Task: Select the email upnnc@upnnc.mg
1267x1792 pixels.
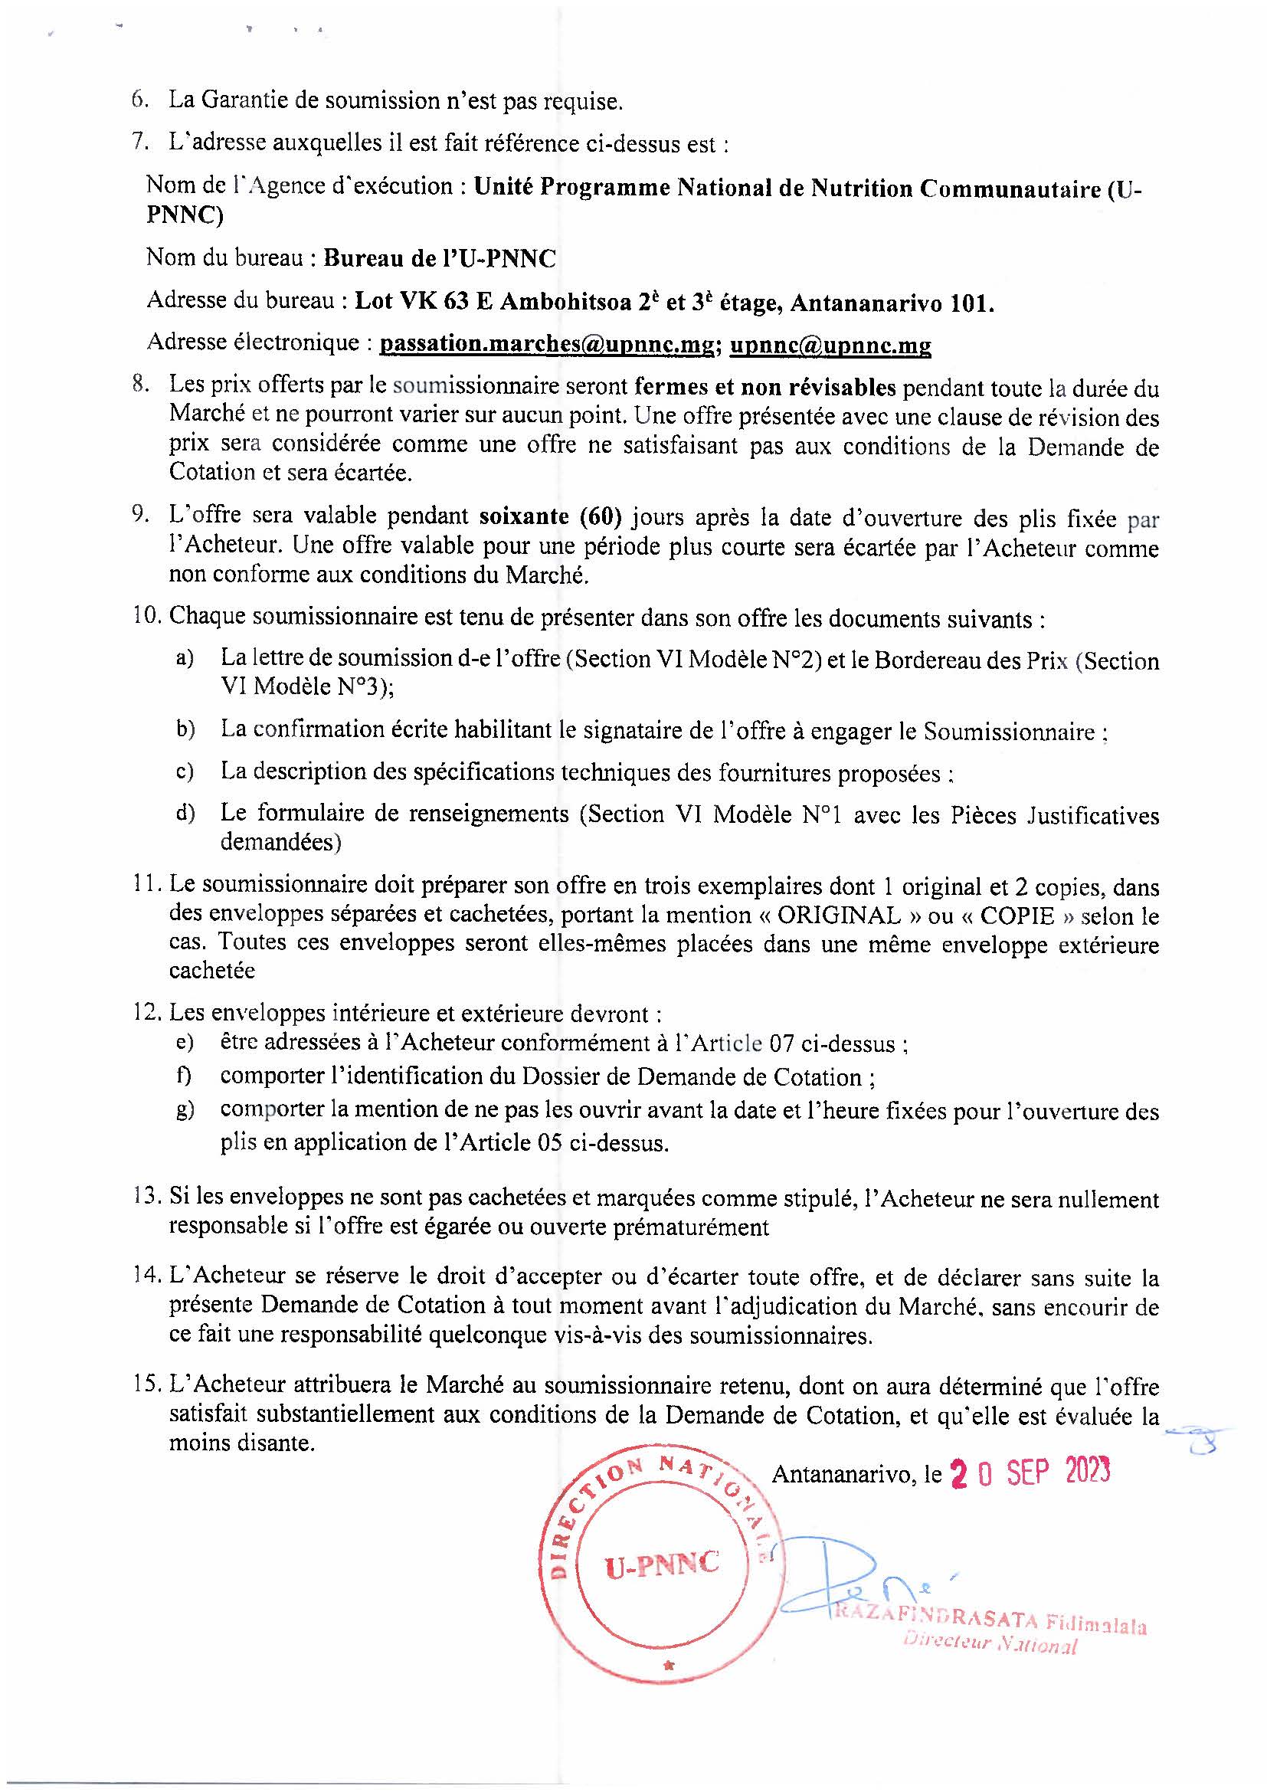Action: pos(830,345)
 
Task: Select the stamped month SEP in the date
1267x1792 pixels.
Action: pos(1029,1472)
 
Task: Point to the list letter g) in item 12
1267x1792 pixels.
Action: pos(185,1110)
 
